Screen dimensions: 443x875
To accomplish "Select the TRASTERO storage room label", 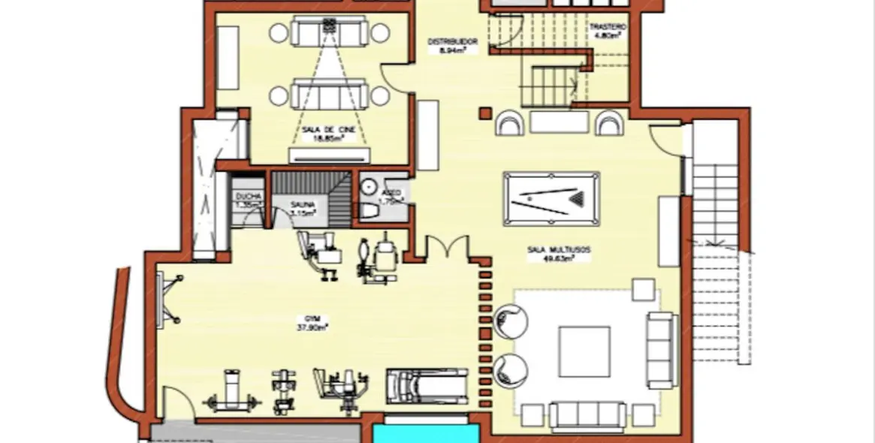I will tap(608, 26).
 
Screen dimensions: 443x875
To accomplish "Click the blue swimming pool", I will tap(426, 433).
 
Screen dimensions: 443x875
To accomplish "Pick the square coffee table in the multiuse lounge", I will tap(584, 351).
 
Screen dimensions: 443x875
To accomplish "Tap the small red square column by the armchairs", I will tap(484, 114).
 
